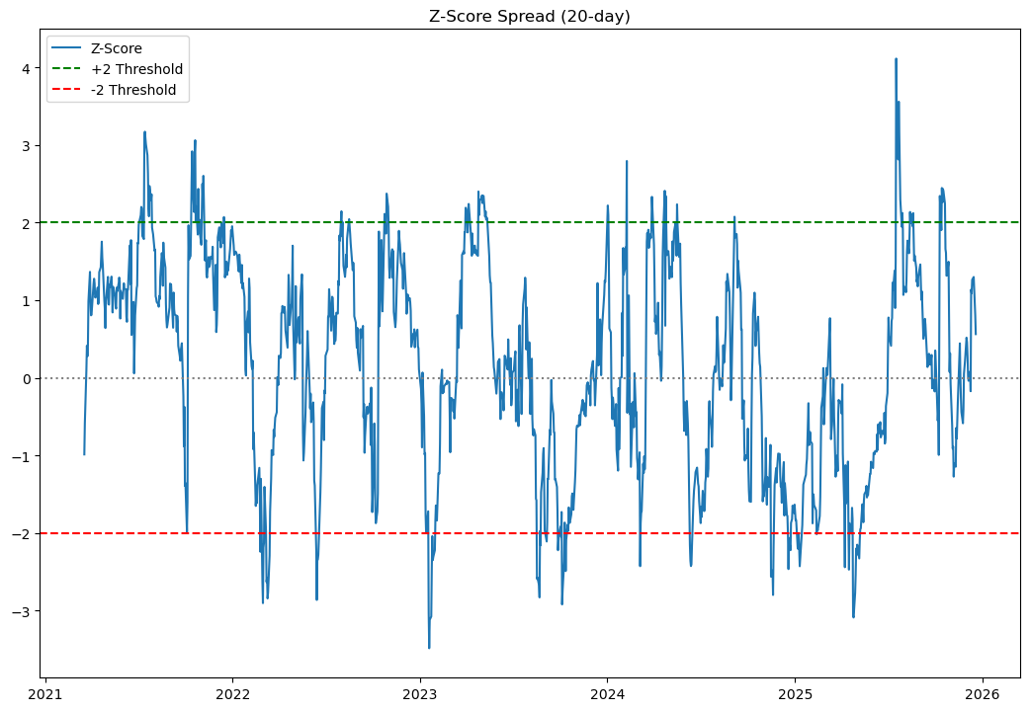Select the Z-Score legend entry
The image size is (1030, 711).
117,48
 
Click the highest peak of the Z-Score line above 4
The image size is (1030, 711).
896,59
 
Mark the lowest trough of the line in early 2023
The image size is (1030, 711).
429,647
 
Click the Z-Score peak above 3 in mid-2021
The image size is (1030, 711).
144,132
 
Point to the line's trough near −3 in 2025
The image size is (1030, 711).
853,616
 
